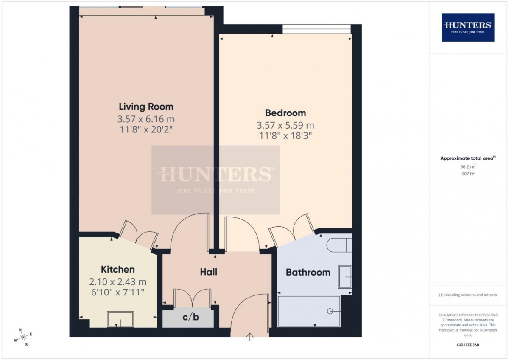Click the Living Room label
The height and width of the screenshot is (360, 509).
coord(146,107)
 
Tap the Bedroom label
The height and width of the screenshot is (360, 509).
coord(285,113)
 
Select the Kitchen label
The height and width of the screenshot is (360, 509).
coord(118,270)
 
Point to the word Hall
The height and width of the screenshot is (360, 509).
coord(208,272)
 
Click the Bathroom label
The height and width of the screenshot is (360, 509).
coord(308,272)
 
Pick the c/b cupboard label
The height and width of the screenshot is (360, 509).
coord(190,317)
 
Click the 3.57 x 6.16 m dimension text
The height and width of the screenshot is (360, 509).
coord(146,119)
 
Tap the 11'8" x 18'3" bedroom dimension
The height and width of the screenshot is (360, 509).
coord(285,136)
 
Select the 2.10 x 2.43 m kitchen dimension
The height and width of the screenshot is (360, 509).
coord(118,282)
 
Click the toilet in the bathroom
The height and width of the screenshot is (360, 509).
coord(339,245)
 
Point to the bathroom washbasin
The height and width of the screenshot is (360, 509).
coord(345,277)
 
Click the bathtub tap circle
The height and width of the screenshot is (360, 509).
coord(330,311)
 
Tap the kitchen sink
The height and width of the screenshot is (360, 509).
coord(120,319)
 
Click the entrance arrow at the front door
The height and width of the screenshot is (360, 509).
coord(250,337)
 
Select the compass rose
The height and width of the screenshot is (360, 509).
coord(23,337)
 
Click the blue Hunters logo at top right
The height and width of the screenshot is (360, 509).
coord(468,28)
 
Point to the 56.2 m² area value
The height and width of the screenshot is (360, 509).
coord(468,166)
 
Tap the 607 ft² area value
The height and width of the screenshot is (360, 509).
coord(468,174)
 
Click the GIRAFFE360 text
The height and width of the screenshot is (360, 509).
coord(468,345)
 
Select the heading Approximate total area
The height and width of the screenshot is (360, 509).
coord(467,158)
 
